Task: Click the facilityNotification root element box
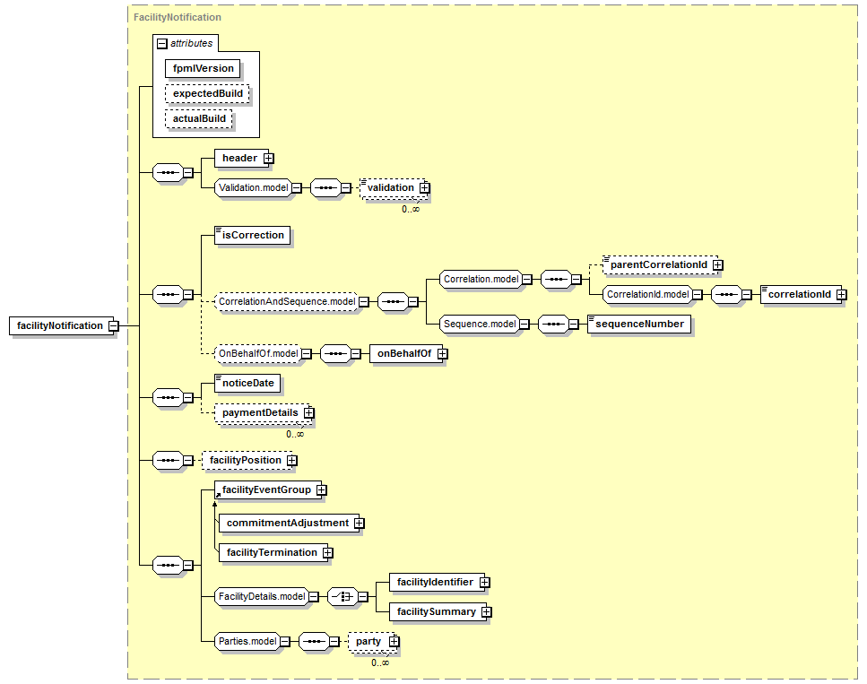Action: coord(61,325)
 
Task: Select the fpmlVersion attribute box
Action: coord(203,68)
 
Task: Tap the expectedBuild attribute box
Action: coord(207,93)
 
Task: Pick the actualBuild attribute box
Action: coord(198,118)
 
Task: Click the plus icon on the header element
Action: coord(269,158)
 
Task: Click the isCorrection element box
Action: coord(253,235)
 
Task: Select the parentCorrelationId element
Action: coord(660,264)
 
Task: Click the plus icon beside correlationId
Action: coord(842,295)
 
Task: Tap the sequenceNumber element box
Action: coord(639,324)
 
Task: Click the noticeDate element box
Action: coord(247,383)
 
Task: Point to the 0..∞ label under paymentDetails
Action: coord(295,434)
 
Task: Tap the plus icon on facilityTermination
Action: coord(328,553)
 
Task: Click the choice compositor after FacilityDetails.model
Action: coord(342,597)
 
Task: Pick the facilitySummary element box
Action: coord(437,611)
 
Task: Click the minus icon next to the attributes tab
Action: coord(162,44)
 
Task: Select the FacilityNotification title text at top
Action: coord(178,17)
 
